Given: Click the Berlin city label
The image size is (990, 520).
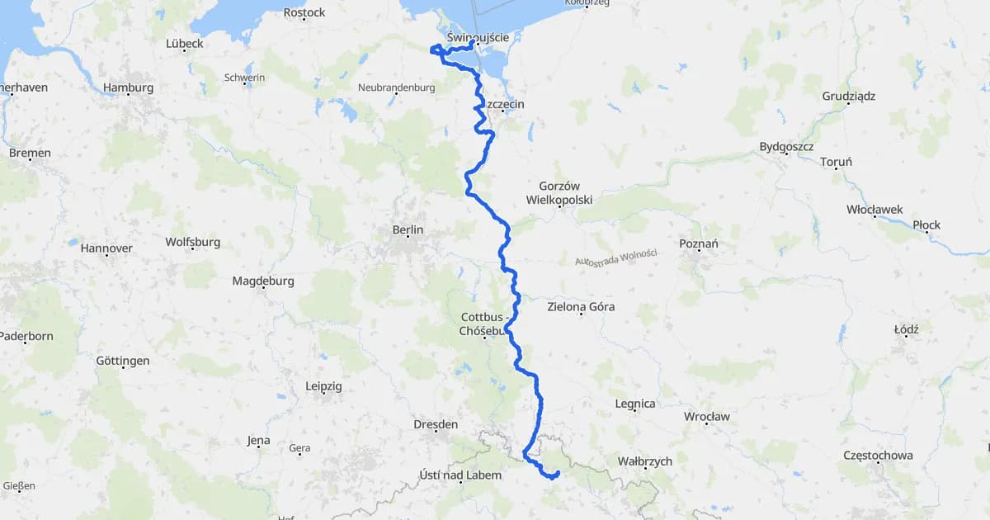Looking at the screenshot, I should coord(408,229).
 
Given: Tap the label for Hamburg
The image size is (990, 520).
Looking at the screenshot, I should coord(128,87).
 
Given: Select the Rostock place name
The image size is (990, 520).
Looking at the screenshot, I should coord(304,12).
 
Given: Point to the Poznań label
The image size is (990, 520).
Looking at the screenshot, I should coord(698,243).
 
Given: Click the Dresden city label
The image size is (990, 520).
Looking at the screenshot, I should coord(436,424).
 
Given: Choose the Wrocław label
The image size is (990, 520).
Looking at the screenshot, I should coord(706,416).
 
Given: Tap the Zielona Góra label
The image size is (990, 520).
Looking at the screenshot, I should coord(581,307).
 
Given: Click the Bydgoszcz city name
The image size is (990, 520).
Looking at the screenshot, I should coord(786,147).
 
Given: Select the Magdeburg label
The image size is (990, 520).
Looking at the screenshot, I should coord(262,281).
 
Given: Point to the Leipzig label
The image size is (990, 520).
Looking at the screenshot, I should coord(323,386).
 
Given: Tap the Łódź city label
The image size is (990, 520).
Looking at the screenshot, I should coord(906,329).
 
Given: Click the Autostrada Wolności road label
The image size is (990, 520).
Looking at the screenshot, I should coord(615,258).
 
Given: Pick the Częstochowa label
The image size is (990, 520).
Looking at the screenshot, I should coord(878,456).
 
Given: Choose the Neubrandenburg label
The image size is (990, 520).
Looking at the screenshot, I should coord(396,87).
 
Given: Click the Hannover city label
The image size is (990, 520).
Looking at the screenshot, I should coord(106,248).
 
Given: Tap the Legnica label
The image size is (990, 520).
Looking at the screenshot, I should coord(635,404).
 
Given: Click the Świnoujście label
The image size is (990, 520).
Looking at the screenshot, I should coord(483,37).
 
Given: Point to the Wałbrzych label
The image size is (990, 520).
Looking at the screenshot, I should coord(645,461).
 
